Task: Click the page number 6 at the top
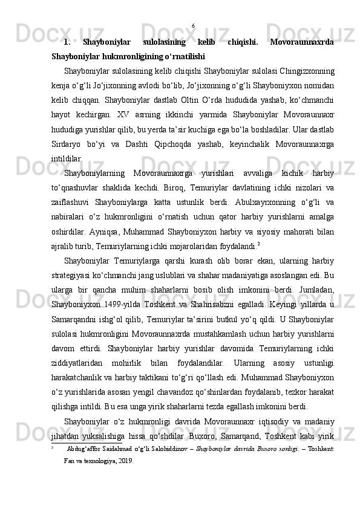(193, 25)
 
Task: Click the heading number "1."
(67, 42)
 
